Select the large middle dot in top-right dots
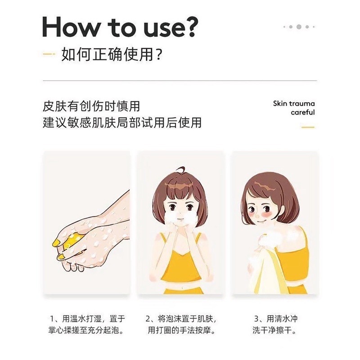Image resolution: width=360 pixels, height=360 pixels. coord(299,27)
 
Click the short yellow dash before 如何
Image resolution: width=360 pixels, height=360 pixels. coord(49,56)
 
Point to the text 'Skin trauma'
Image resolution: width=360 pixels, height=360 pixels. coord(294,103)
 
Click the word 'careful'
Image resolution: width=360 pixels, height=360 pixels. coord(302,112)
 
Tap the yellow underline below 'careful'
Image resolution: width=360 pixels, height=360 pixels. coord(307,127)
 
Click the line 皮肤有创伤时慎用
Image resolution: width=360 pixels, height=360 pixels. coord(91,107)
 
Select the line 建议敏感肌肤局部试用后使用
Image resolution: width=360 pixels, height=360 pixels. coord(122,122)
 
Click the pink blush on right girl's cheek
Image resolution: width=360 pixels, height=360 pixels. coord(257,213)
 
